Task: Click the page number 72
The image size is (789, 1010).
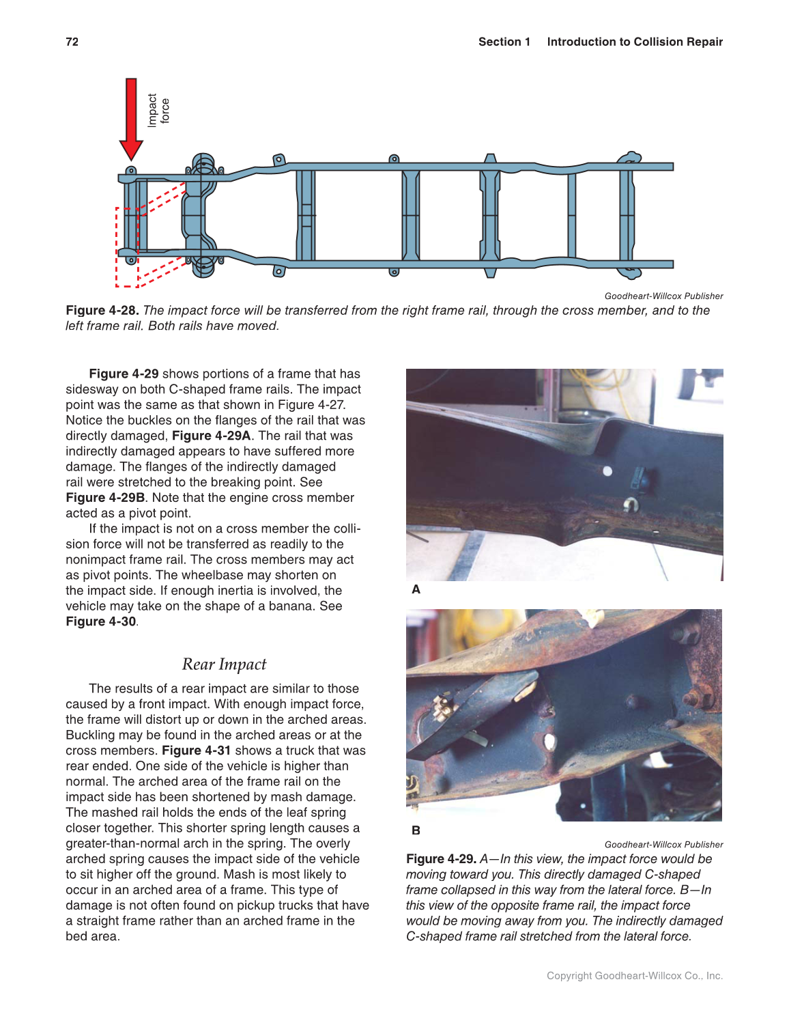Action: tap(72, 42)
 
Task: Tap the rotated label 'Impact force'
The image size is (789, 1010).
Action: tap(158, 110)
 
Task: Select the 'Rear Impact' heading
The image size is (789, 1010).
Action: tap(224, 664)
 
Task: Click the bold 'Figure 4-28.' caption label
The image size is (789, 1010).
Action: tap(102, 310)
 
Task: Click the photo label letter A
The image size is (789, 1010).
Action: tap(416, 589)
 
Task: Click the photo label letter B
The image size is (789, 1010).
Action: tap(416, 830)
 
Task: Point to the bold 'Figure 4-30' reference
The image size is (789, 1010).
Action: tap(100, 621)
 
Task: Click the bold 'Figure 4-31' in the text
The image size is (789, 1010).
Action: tap(196, 751)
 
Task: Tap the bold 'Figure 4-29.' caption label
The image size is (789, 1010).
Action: tap(441, 858)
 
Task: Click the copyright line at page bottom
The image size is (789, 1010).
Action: tap(634, 975)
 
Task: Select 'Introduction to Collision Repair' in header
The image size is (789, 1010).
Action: tap(634, 42)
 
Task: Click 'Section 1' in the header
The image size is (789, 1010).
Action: tap(504, 42)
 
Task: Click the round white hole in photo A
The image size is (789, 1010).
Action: tap(607, 471)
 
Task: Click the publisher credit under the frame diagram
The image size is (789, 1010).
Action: tap(663, 296)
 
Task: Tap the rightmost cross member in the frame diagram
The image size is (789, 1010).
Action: tap(627, 215)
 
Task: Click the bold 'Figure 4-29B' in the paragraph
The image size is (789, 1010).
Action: tap(105, 497)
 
